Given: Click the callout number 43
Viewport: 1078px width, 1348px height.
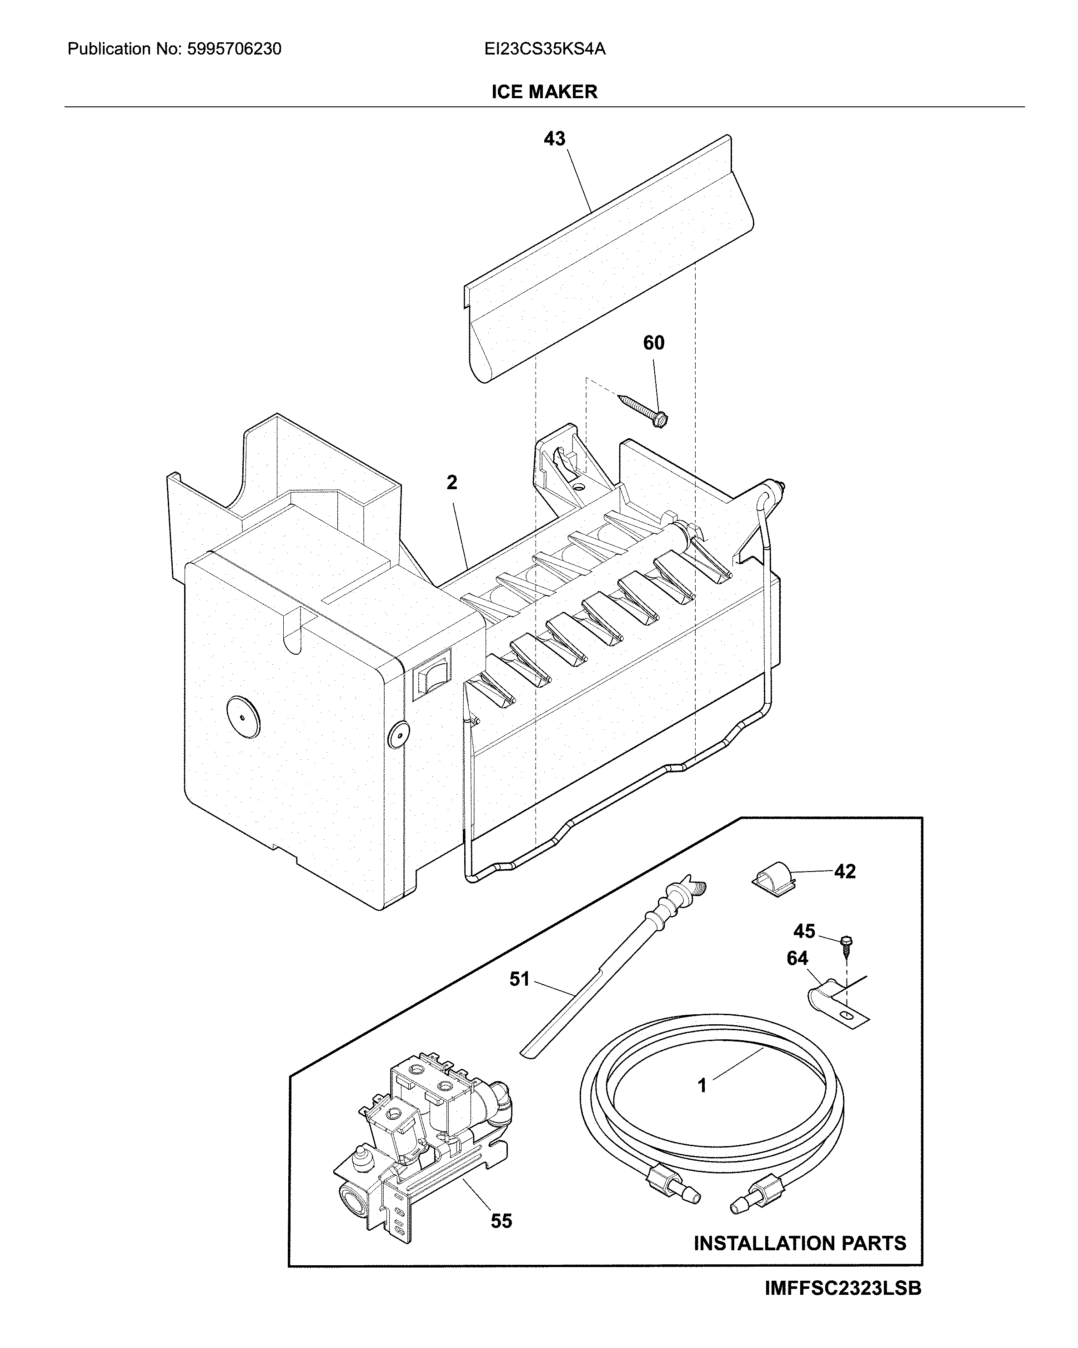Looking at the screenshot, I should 554,139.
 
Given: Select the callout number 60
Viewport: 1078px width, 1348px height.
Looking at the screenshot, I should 653,343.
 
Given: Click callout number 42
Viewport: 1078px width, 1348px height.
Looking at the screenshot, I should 844,872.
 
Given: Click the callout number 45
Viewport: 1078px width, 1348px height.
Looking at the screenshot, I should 804,949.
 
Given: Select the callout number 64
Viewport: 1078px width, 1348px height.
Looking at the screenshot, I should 797,976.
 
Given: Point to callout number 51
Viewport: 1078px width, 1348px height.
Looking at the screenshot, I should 519,979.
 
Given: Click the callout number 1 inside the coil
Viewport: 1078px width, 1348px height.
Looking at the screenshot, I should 702,1085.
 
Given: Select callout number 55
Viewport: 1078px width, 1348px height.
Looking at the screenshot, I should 501,1221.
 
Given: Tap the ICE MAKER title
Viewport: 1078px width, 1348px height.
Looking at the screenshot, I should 544,92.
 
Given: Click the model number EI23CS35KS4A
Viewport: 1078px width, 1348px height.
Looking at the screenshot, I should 545,49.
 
